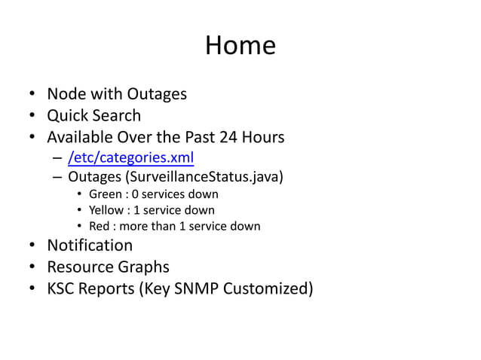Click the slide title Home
(x=240, y=46)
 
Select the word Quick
(x=66, y=116)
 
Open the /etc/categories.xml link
(x=131, y=158)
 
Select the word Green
(x=105, y=194)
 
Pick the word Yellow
(x=106, y=210)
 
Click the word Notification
(x=90, y=246)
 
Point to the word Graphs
(x=143, y=267)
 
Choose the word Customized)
(x=269, y=289)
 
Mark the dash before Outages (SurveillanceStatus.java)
(x=57, y=178)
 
